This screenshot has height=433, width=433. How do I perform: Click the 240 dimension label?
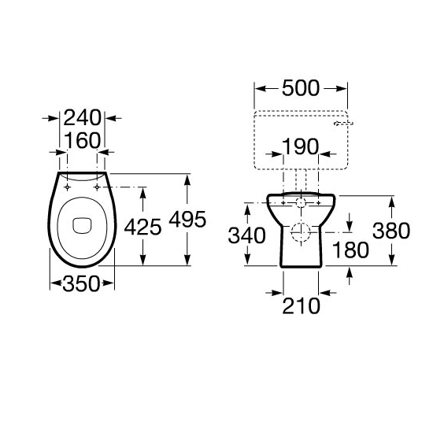pos(83,118)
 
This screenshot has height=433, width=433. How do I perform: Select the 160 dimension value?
pos(83,140)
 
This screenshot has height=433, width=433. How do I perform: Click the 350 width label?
pos(82,283)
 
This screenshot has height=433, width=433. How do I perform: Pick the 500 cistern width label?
pos(300,88)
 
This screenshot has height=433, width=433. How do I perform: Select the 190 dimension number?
pos(300,147)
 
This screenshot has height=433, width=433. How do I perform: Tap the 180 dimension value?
pos(350,250)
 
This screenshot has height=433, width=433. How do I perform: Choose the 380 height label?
pos(391,231)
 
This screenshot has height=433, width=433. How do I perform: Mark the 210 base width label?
pos(302,305)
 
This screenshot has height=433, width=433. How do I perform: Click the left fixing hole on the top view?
pos(68,187)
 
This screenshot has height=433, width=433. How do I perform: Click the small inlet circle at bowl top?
pos(301,202)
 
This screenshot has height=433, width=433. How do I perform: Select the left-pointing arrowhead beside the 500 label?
pos(258,88)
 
